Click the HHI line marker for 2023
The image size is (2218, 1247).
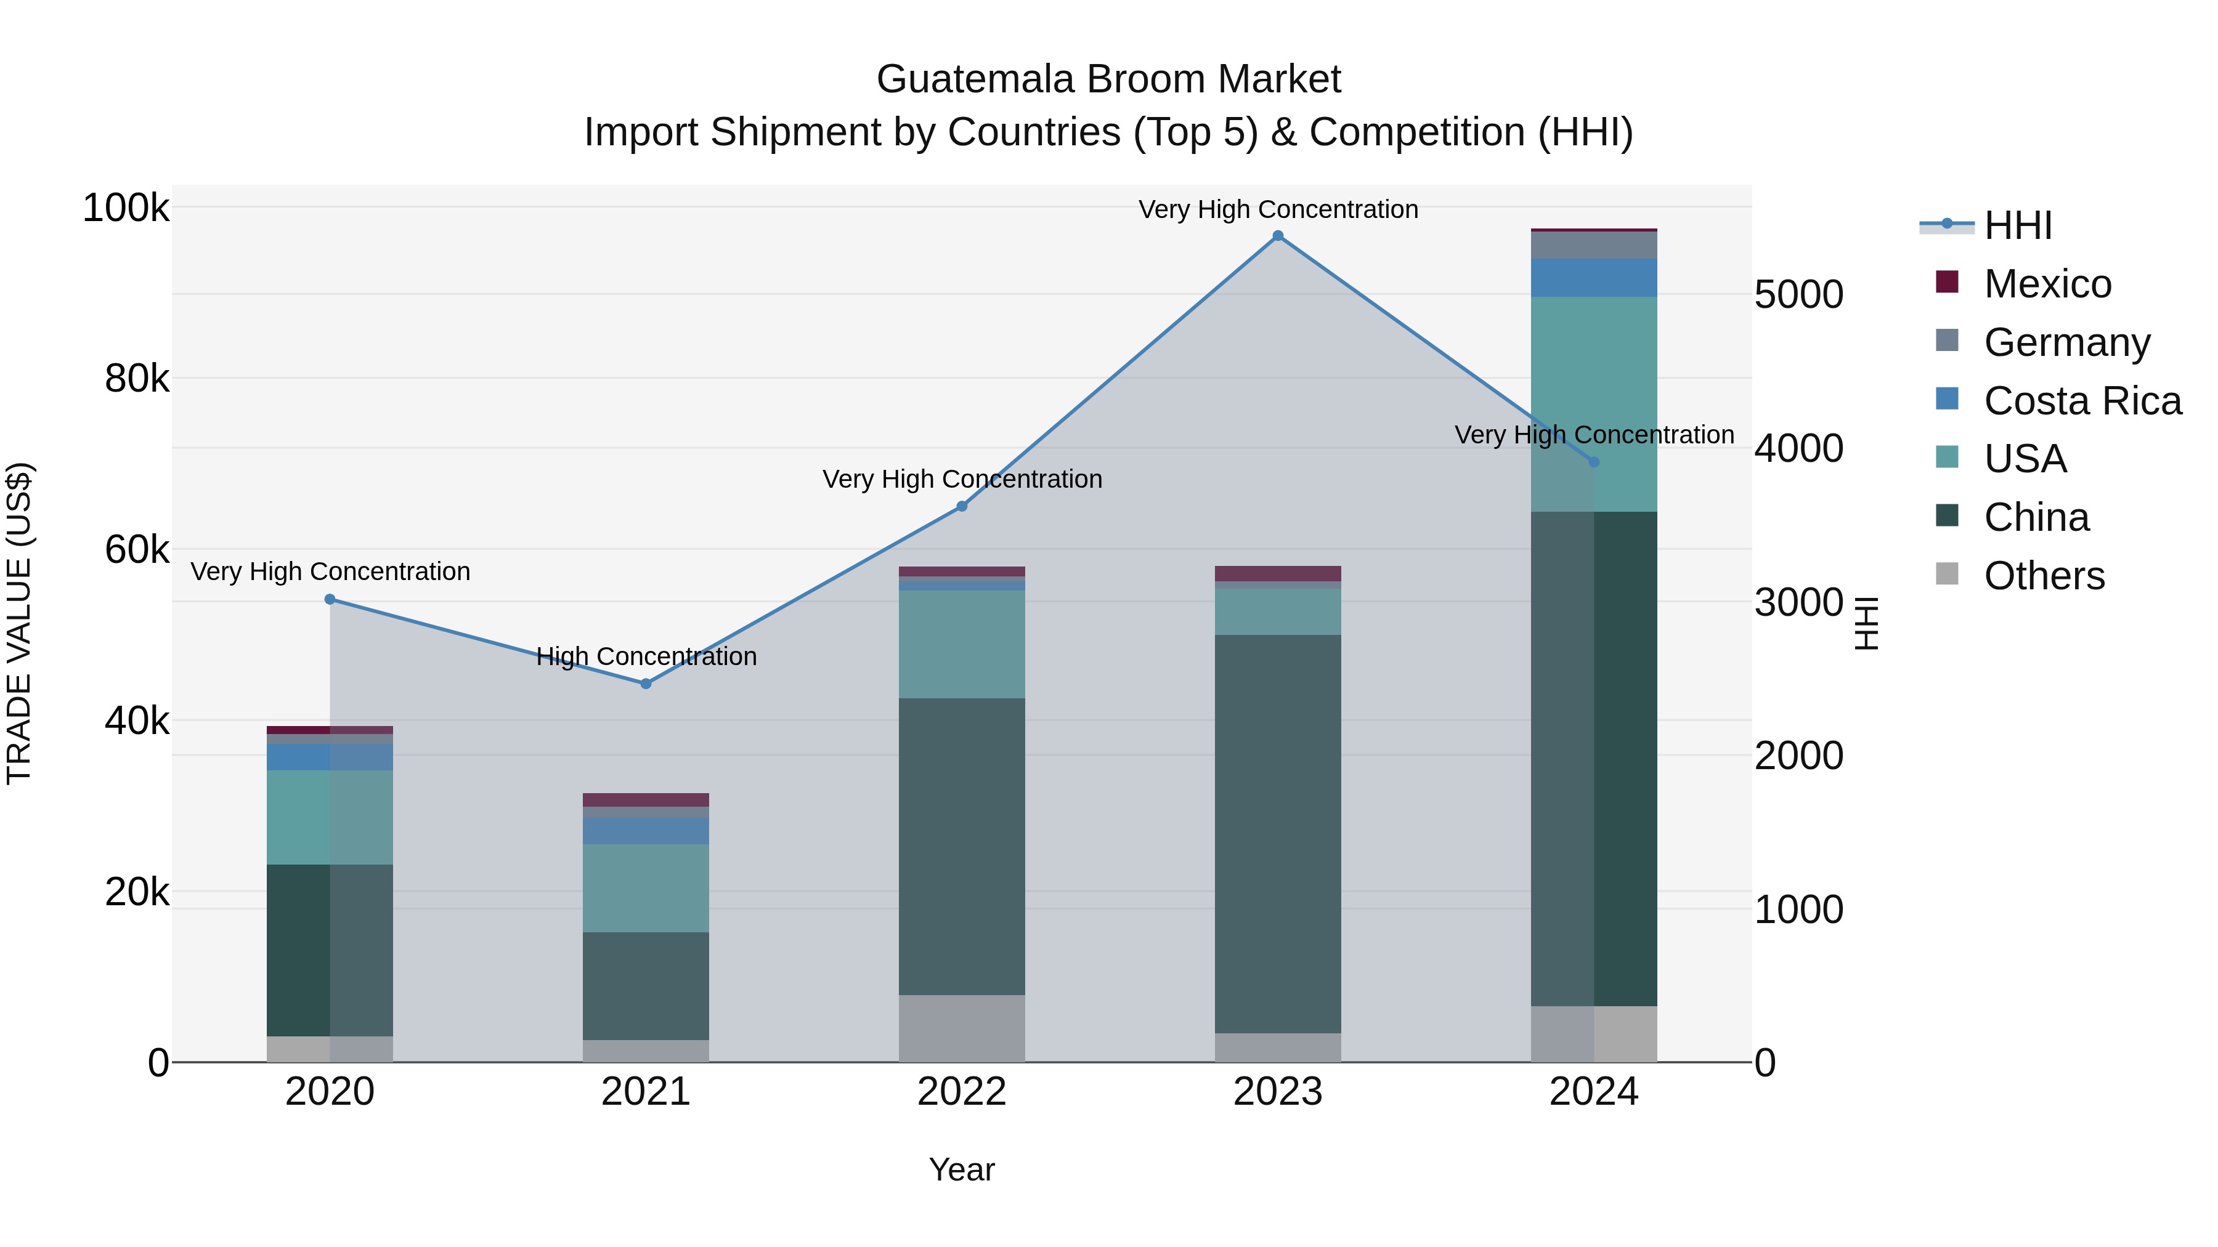(x=1278, y=236)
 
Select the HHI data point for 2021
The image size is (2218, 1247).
(x=646, y=684)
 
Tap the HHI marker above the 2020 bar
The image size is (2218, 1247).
(x=330, y=599)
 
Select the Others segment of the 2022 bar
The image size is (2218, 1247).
(x=962, y=1028)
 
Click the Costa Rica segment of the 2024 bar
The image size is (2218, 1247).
(x=1594, y=277)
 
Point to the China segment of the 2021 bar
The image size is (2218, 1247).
(x=646, y=985)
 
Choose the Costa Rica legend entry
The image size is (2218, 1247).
(x=2081, y=401)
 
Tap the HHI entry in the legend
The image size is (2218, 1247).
(x=2017, y=225)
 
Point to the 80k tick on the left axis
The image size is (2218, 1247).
(x=137, y=379)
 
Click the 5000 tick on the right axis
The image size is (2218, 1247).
(x=1798, y=294)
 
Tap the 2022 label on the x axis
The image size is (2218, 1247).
(x=962, y=1092)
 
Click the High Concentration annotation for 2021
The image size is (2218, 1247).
(x=646, y=656)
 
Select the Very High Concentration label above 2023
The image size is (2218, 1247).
(x=1278, y=209)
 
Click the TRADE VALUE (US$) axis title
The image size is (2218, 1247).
(x=19, y=623)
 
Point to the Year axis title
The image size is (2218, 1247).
(x=962, y=1169)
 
